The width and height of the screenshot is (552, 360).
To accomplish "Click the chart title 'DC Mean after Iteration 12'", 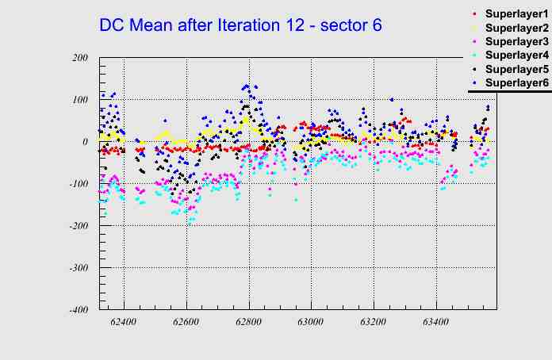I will click(240, 25).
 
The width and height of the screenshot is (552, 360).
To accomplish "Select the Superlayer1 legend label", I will click(516, 14).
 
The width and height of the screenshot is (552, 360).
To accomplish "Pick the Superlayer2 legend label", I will click(516, 28).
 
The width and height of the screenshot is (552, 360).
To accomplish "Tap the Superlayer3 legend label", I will click(516, 41).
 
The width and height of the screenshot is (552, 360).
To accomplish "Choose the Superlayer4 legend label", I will click(516, 55).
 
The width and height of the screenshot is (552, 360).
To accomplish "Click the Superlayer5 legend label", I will click(516, 68).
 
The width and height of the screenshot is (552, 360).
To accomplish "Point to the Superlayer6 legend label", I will click(516, 82).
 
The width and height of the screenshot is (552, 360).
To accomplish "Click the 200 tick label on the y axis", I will click(79, 58).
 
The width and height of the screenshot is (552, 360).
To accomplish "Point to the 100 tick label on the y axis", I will click(79, 100).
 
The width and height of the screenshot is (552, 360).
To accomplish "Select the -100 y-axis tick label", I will click(78, 184).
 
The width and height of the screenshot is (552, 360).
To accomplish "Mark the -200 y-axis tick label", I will click(78, 226).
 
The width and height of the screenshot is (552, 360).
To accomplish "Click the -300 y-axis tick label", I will click(78, 268).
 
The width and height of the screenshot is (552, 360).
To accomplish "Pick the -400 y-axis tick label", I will click(78, 310).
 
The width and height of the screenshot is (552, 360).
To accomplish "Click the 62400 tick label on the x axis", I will click(124, 323).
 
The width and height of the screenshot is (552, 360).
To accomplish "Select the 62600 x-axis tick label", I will click(186, 323).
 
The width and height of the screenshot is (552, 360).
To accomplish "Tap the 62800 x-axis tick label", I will click(249, 323).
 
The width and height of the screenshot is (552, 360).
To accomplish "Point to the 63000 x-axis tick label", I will click(311, 323).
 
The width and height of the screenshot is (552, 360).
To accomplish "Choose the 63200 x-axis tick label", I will click(374, 323).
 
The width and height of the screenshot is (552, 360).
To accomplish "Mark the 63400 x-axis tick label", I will click(436, 323).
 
